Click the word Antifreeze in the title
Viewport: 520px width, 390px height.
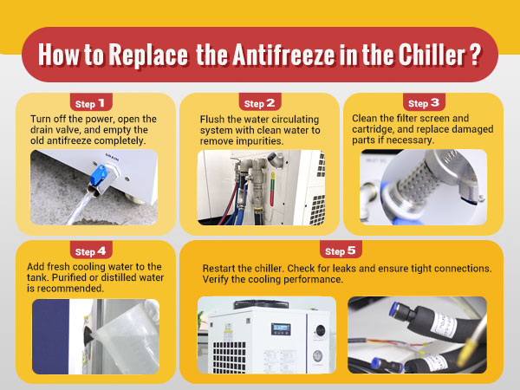pyautogui.click(x=284, y=55)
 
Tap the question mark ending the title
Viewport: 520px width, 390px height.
pyautogui.click(x=476, y=55)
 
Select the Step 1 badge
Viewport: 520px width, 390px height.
pyautogui.click(x=91, y=103)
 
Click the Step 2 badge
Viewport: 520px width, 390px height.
pyautogui.click(x=260, y=103)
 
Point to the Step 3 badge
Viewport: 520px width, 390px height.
pyautogui.click(x=424, y=103)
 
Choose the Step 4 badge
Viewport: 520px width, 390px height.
pyautogui.click(x=91, y=251)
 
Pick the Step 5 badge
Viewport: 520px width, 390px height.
pyautogui.click(x=341, y=251)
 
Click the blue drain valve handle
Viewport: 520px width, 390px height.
pyautogui.click(x=99, y=175)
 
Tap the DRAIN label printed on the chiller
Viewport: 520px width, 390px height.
pyautogui.click(x=112, y=157)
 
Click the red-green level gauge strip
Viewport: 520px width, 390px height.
pyautogui.click(x=273, y=188)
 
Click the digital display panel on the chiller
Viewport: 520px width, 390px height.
pyautogui.click(x=281, y=328)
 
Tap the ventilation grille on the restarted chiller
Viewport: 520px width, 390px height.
pyautogui.click(x=229, y=357)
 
